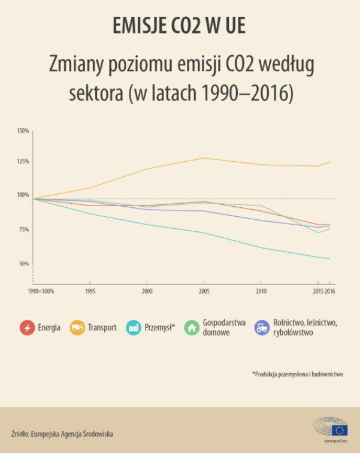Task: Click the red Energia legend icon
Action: (x=26, y=328)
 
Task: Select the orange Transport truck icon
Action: (x=77, y=328)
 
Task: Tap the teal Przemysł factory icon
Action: (x=134, y=328)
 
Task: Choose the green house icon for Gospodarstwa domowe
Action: (x=192, y=328)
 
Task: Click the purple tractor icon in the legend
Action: (x=261, y=328)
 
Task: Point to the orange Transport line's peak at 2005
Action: (x=204, y=158)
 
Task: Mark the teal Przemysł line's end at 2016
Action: (x=329, y=259)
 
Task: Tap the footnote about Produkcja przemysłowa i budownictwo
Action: (x=297, y=374)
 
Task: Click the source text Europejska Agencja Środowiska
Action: (x=62, y=433)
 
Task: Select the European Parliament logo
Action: (x=332, y=430)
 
